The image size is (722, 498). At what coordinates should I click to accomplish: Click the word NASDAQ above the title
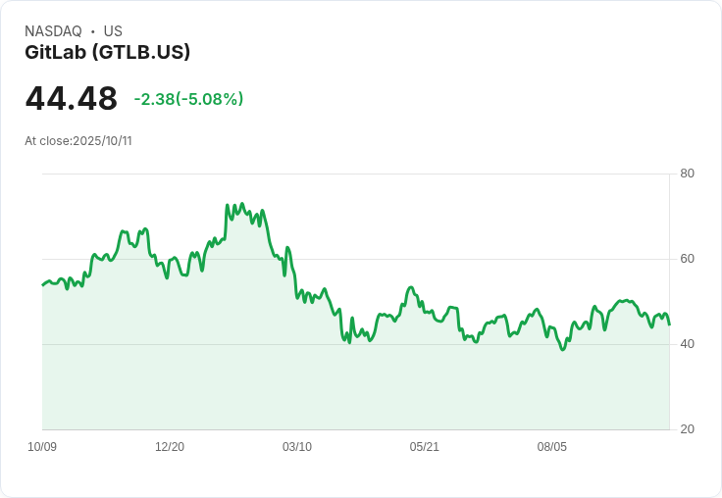[53, 31]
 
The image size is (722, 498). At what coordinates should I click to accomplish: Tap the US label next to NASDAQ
[113, 31]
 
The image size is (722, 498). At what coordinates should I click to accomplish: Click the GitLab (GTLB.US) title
[107, 52]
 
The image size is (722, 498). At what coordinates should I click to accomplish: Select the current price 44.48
[72, 98]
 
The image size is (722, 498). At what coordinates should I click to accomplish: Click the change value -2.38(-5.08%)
[188, 99]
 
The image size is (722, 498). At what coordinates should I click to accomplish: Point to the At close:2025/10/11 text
[78, 141]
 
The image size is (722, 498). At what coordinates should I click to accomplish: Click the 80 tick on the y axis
[687, 174]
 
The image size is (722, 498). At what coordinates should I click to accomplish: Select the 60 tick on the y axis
[687, 259]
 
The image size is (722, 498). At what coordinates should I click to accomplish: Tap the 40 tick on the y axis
[687, 344]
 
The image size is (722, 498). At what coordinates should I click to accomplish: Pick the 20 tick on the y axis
[687, 429]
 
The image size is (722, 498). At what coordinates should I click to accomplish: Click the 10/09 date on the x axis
[42, 447]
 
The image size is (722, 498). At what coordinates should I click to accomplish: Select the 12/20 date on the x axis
[170, 447]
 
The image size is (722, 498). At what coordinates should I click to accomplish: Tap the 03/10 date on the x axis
[297, 447]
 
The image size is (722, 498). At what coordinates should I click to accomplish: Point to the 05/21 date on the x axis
[424, 447]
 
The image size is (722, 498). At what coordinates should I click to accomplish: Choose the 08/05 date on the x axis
[551, 447]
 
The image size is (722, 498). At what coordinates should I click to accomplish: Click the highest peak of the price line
[242, 204]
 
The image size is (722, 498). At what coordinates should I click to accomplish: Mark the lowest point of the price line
[562, 350]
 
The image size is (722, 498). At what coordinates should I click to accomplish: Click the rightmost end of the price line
[669, 324]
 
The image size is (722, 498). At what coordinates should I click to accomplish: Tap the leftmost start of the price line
[42, 285]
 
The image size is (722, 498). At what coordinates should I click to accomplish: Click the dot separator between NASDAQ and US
[92, 31]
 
